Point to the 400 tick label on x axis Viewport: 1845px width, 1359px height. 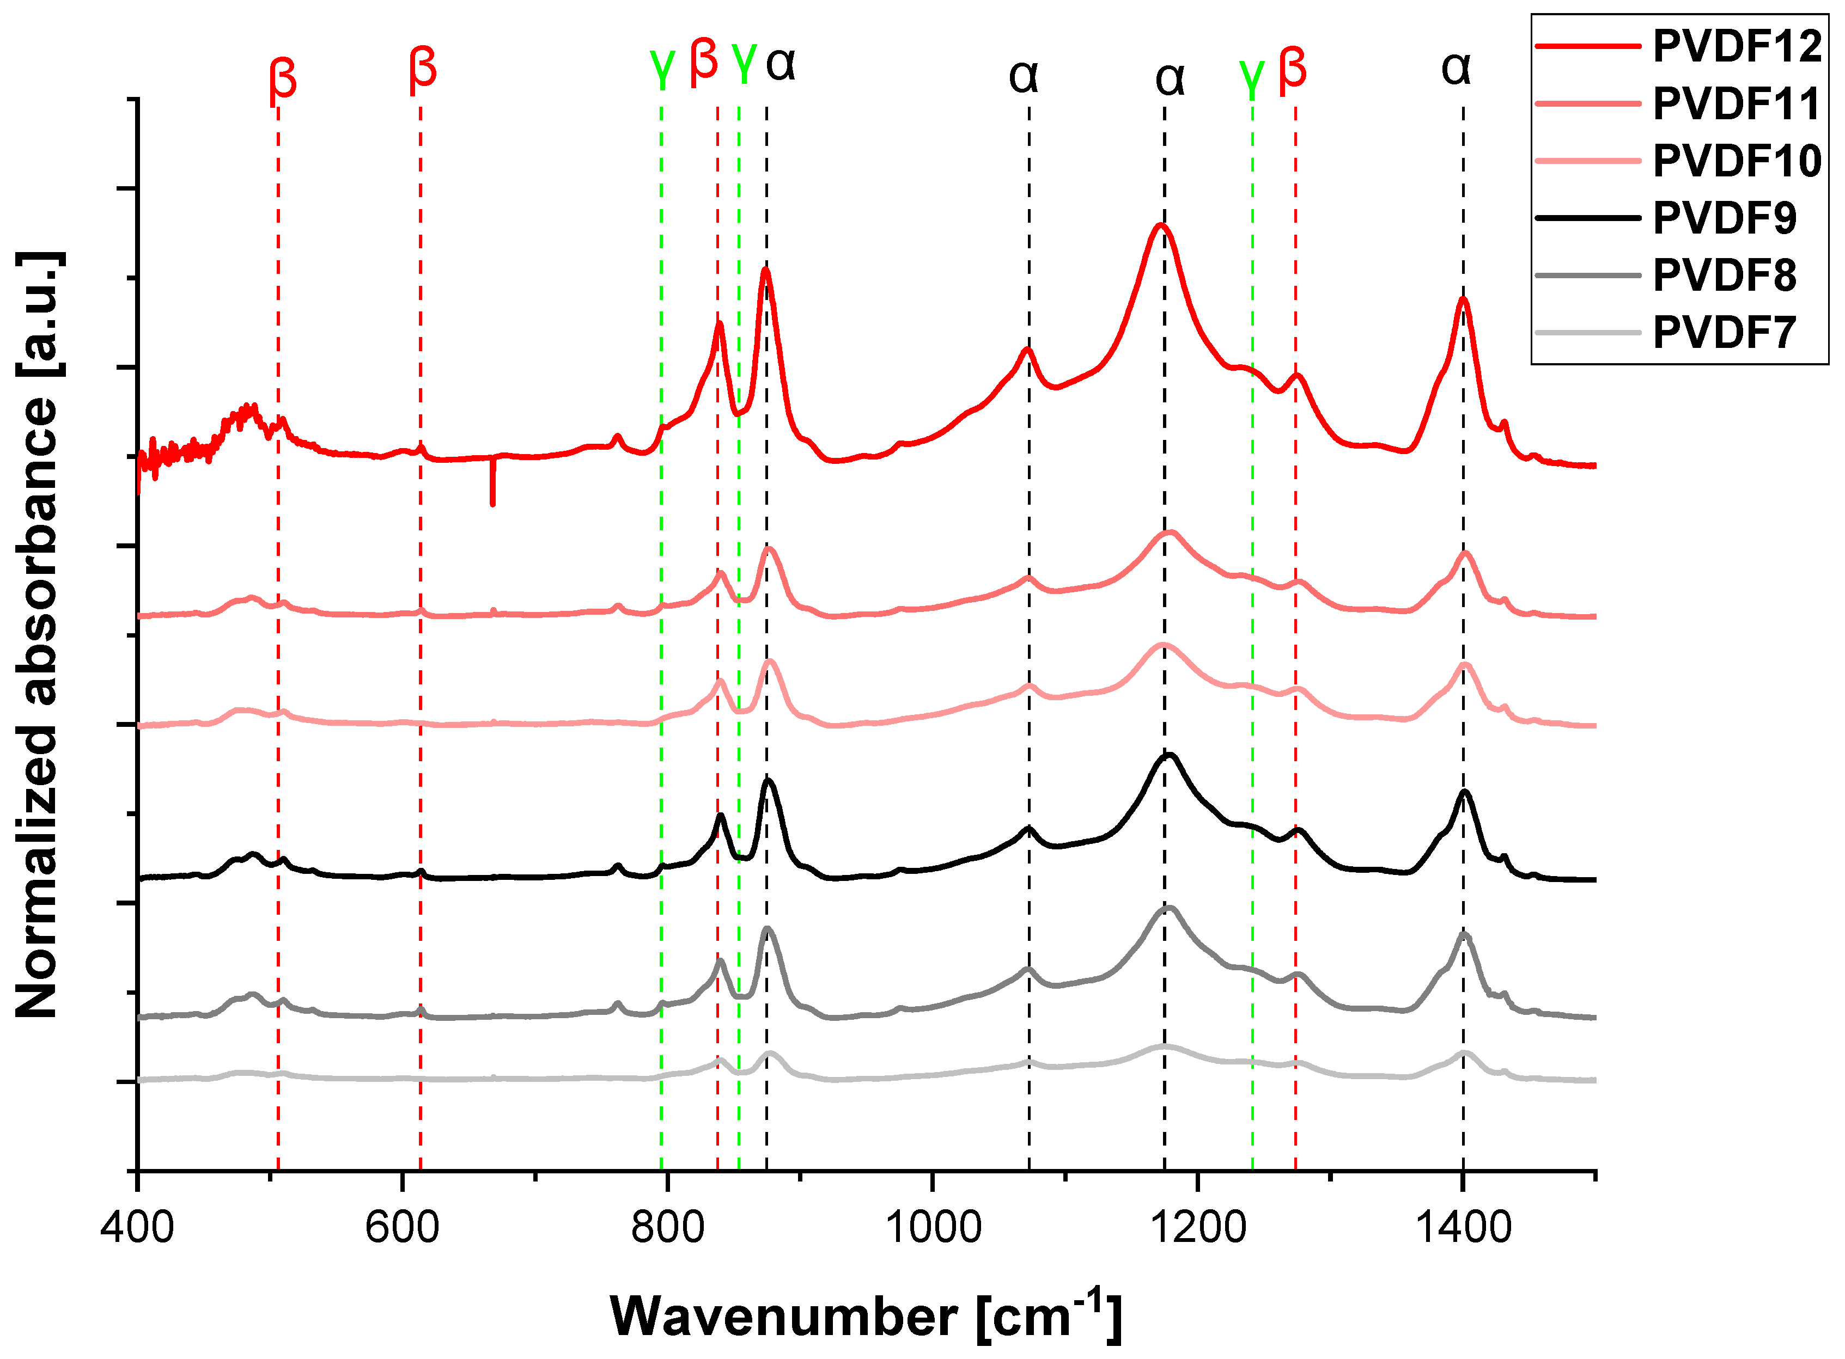137,1227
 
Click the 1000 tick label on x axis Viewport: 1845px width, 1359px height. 933,1227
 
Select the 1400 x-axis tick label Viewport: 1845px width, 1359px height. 1463,1227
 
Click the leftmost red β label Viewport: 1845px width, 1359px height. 282,80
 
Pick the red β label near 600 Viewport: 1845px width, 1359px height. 422,68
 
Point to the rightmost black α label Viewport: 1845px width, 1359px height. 1456,68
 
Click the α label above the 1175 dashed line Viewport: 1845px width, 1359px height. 1170,78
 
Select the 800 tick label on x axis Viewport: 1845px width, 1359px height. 667,1227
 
